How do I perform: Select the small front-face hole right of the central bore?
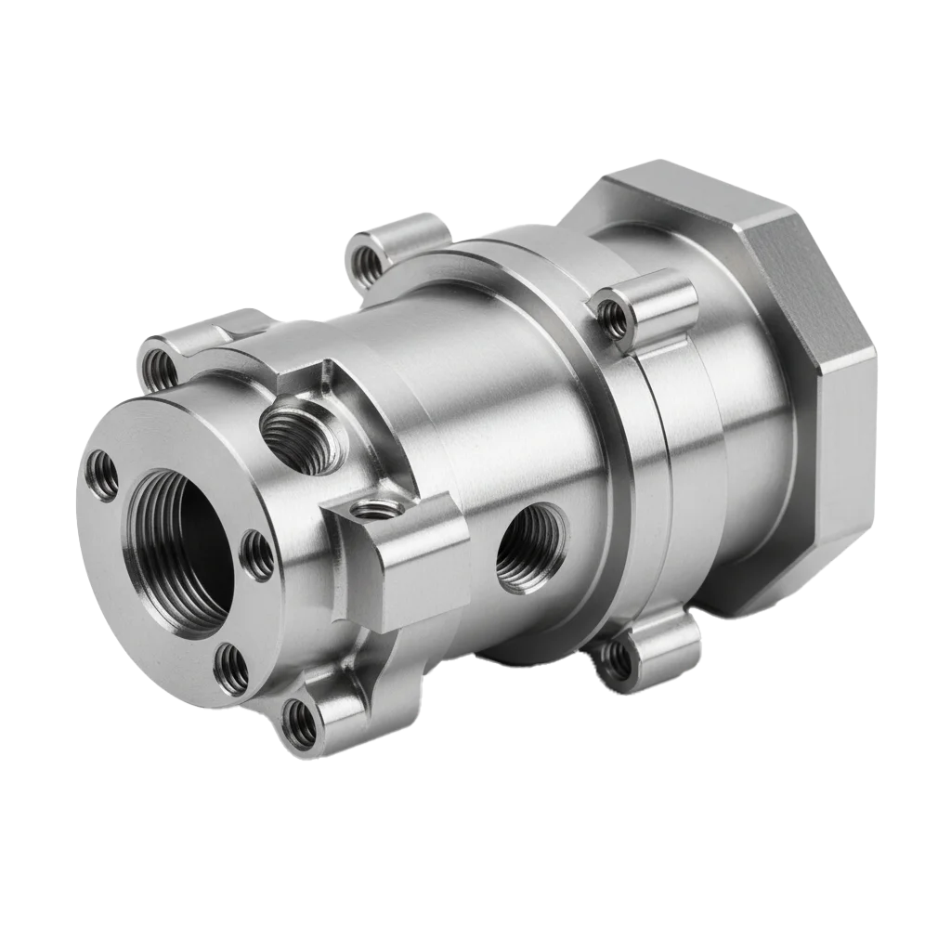257,555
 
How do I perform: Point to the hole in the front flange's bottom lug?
300,724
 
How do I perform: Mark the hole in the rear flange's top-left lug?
371,264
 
